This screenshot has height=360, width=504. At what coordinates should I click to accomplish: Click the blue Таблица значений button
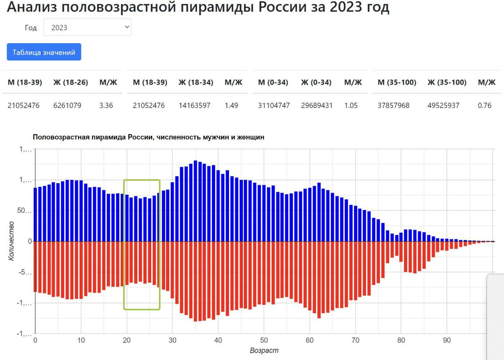44,52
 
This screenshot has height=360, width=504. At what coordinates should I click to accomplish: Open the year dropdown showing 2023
87,27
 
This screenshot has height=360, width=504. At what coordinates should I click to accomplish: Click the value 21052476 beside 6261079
23,106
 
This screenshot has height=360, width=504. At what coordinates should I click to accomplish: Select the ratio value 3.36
106,106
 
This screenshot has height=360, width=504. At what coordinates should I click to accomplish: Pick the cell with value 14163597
194,106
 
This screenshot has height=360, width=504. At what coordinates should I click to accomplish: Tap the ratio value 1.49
231,106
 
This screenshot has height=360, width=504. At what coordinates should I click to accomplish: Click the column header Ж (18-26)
71,82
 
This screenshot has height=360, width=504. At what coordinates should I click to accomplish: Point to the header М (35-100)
397,82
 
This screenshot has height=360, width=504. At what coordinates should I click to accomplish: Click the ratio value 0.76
484,106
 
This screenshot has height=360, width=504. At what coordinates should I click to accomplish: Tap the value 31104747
274,106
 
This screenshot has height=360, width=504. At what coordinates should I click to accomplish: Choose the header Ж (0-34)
316,82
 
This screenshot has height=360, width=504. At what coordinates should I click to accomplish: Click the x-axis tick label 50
264,341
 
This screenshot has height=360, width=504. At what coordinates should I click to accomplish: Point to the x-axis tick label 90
447,341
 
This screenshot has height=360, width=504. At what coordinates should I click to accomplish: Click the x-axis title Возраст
264,351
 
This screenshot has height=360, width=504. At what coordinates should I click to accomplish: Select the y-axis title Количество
11,241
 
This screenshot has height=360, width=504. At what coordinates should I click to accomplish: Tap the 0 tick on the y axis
30,242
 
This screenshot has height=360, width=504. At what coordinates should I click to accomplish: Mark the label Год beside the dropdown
31,28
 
